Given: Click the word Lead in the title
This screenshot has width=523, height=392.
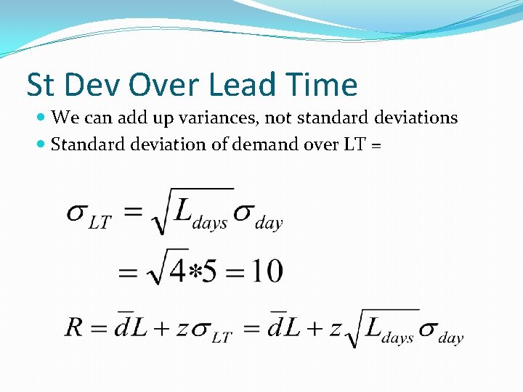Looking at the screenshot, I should [241, 85].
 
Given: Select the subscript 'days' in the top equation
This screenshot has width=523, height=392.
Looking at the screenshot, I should [210, 224].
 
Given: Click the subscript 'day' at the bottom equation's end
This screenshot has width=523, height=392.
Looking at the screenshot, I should [451, 338].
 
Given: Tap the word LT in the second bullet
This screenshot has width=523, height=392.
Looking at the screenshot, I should [349, 144].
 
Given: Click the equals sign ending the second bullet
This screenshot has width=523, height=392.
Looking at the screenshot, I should [376, 145].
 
